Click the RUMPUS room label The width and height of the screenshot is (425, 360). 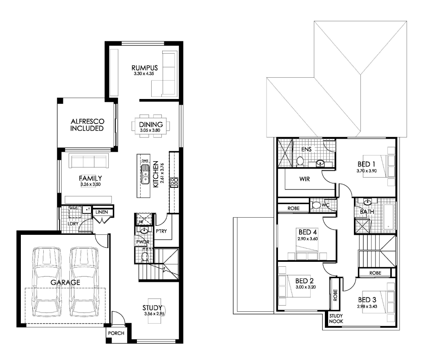point(145,68)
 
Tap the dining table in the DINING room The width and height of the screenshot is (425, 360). point(151,126)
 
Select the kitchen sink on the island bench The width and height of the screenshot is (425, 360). point(145,174)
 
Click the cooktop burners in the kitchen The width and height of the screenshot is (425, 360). point(174,182)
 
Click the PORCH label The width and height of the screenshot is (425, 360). point(116,333)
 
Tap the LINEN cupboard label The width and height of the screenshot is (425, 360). point(102,212)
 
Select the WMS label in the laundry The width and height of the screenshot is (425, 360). point(74,208)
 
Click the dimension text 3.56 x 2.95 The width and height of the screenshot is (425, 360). point(154,314)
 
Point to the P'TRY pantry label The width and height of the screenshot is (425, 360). point(161,231)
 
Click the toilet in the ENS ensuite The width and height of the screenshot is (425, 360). point(300,162)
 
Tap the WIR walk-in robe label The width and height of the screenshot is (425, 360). point(305,179)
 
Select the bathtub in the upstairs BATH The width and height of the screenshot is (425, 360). point(389,217)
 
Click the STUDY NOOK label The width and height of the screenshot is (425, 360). point(336,319)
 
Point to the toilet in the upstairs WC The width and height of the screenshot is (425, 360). point(315,205)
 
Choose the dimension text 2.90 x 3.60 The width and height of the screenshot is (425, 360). point(308,239)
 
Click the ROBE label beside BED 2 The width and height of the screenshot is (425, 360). point(335,295)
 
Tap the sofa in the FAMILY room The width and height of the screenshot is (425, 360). point(89,161)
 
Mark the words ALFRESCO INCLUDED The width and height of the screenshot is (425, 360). point(87,125)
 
